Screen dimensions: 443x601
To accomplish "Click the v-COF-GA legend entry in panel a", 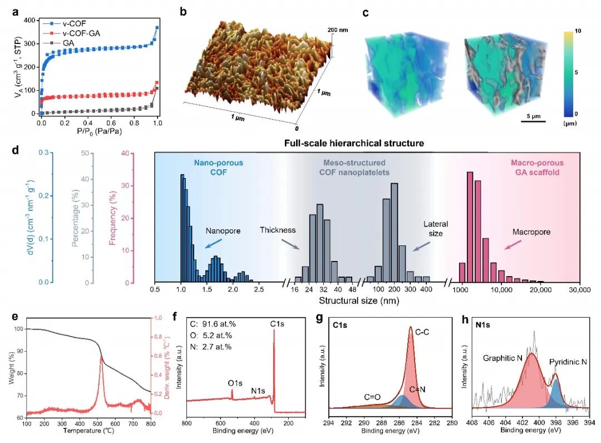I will pos(68,35).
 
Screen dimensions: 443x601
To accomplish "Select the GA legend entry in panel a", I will pos(61,42).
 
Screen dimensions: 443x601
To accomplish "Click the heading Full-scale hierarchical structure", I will pos(354,143).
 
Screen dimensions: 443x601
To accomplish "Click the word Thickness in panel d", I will pos(278,230).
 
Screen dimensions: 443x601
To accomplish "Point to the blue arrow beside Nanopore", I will pos(214,243).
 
